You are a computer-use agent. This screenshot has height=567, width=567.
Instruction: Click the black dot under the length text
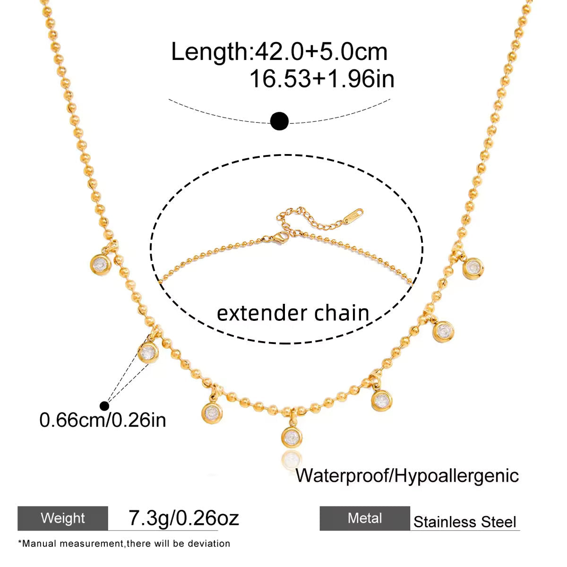279,120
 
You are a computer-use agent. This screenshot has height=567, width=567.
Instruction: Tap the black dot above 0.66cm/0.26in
104,406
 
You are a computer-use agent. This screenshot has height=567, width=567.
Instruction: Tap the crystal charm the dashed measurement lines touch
148,352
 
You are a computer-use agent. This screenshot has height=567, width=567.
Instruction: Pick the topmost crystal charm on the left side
101,264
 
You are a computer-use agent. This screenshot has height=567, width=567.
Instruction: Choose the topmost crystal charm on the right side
473,268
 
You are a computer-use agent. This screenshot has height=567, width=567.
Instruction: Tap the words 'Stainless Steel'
464,522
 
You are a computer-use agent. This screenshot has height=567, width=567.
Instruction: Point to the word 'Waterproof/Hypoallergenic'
407,475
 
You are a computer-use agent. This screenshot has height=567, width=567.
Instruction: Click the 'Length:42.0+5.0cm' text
279,52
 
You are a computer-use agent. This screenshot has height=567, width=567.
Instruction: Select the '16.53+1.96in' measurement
322,78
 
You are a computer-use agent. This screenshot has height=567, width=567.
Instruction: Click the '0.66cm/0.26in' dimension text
103,420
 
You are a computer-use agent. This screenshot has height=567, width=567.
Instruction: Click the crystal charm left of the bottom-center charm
212,413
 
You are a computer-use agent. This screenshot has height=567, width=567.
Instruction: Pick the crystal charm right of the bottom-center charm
382,400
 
